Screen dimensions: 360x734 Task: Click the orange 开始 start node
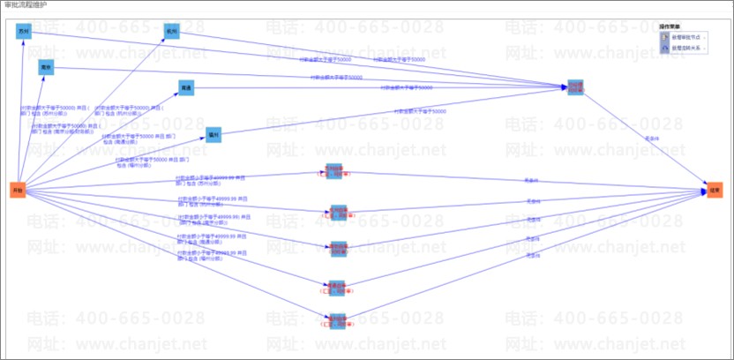17,189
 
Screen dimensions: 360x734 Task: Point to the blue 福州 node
213,134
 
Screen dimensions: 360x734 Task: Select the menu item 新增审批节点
689,38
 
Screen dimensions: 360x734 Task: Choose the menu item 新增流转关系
689,49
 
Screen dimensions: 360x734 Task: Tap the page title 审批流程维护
26,4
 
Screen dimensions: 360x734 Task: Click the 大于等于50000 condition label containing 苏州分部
43,111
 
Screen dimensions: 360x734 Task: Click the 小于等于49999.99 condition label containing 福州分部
212,258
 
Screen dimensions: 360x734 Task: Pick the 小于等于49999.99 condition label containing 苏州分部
212,180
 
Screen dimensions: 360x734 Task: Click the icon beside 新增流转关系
664,49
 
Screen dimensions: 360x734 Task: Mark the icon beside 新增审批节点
664,38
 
